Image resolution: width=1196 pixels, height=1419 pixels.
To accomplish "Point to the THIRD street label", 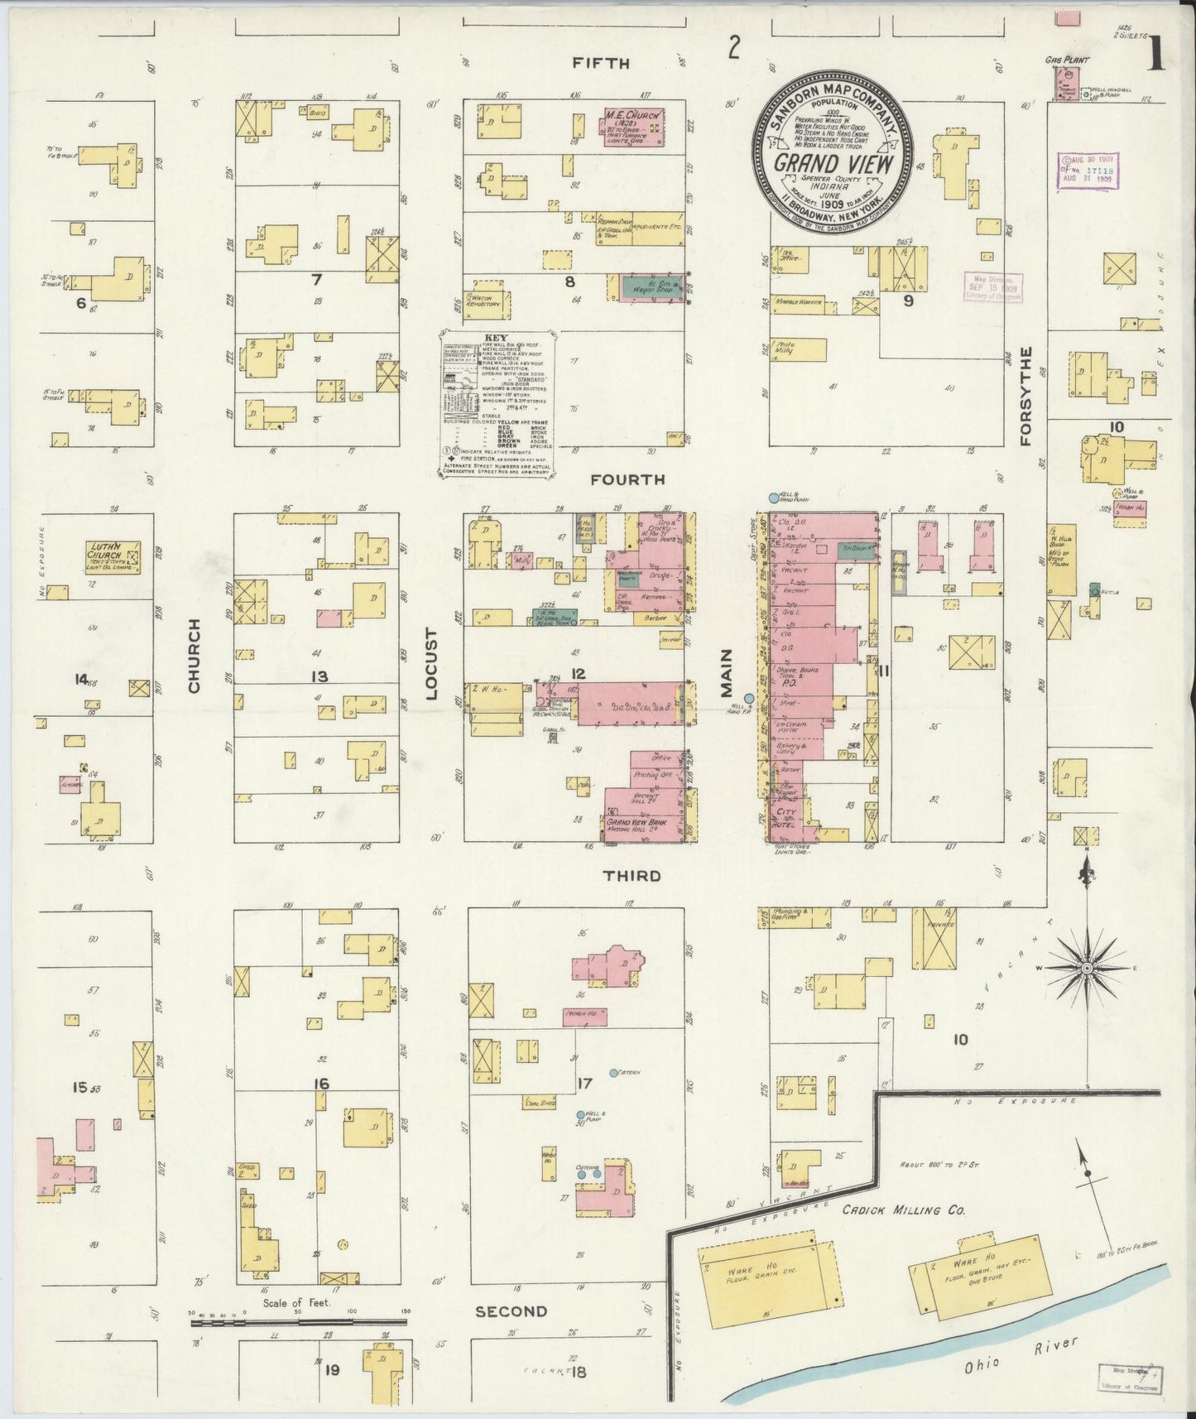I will [632, 876].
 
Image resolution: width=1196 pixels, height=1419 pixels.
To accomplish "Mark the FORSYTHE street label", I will [1027, 396].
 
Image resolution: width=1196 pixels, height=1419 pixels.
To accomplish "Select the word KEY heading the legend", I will [497, 338].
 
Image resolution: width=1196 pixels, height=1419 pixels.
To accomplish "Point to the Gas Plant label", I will [1065, 59].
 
